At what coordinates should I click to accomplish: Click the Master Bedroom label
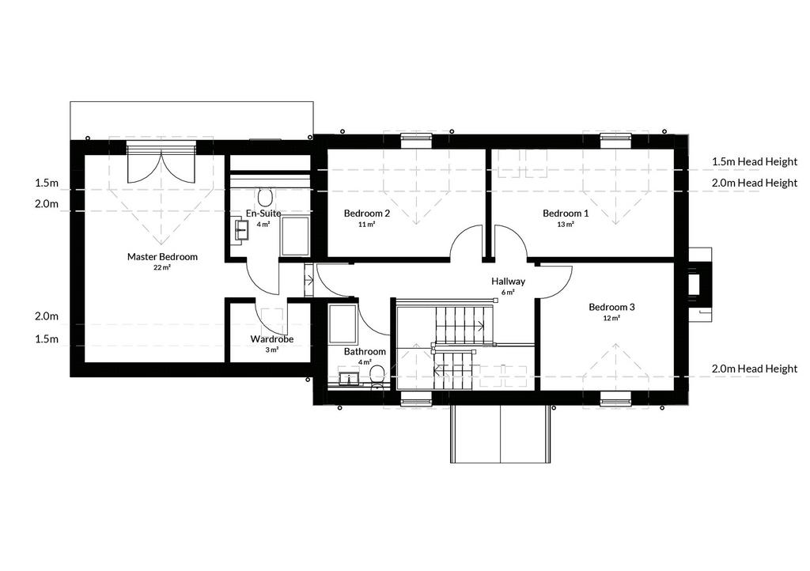pyautogui.click(x=162, y=256)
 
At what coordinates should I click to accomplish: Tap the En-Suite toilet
pyautogui.click(x=266, y=197)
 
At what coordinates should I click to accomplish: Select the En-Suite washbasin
pyautogui.click(x=241, y=229)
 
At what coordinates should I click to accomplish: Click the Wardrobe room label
pyautogui.click(x=272, y=339)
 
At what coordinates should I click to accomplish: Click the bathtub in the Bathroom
pyautogui.click(x=343, y=324)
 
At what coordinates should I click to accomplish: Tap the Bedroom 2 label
pyautogui.click(x=367, y=214)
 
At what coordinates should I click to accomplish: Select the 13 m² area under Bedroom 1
pyautogui.click(x=566, y=224)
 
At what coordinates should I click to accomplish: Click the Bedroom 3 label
pyautogui.click(x=611, y=307)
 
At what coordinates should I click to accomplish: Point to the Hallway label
pyautogui.click(x=509, y=282)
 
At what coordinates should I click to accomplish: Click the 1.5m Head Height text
pyautogui.click(x=755, y=161)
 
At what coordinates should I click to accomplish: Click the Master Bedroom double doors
pyautogui.click(x=161, y=166)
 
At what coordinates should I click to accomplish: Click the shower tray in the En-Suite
pyautogui.click(x=295, y=236)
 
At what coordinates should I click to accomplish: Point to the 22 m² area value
pyautogui.click(x=162, y=267)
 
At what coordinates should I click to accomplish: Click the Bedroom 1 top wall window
pyautogui.click(x=615, y=137)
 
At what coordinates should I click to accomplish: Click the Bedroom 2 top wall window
pyautogui.click(x=416, y=137)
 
